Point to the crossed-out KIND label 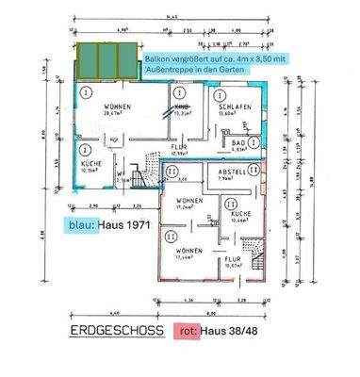[x=182, y=108]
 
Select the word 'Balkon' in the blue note [x=157, y=58]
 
